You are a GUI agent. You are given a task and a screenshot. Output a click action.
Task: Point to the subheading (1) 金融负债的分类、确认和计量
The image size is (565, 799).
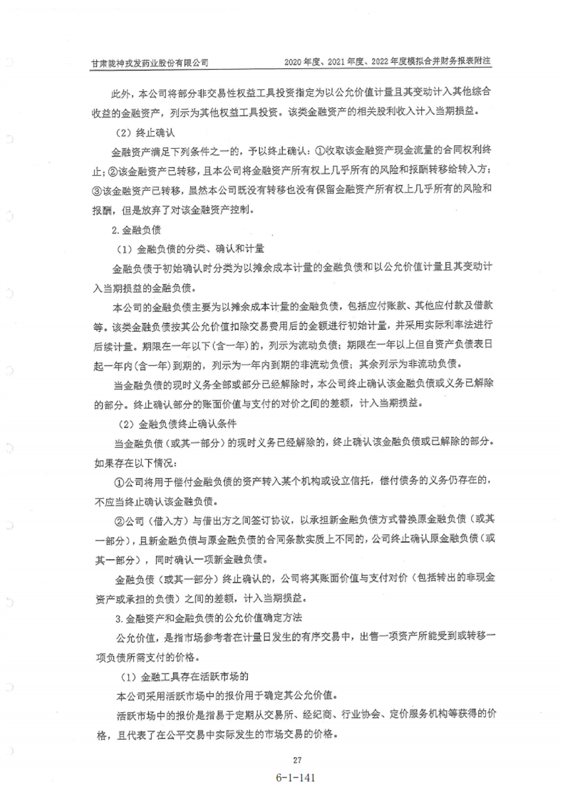(x=191, y=249)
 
